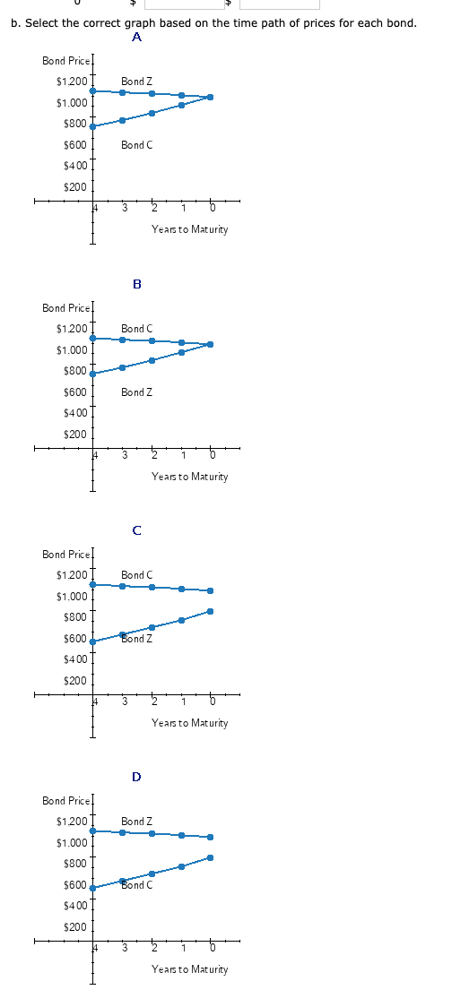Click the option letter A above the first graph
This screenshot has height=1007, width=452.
click(x=136, y=38)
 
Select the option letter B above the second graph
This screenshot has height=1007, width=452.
click(x=136, y=284)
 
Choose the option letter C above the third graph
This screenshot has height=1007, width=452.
click(x=136, y=530)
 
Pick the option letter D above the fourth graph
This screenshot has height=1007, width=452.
click(x=136, y=777)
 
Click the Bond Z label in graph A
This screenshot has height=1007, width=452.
click(x=136, y=82)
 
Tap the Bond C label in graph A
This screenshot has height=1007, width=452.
click(x=136, y=145)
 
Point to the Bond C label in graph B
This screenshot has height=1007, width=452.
click(x=136, y=329)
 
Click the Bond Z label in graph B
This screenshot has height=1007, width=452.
click(x=136, y=392)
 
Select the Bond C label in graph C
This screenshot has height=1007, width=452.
click(x=136, y=575)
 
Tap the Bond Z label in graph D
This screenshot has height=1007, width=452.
click(x=136, y=822)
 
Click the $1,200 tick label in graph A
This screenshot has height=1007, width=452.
click(x=71, y=82)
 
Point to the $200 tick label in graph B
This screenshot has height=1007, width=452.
click(x=74, y=435)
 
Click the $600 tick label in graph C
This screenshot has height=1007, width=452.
click(x=74, y=639)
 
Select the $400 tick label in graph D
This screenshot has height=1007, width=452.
click(x=74, y=906)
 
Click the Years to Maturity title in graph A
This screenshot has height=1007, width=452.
click(x=189, y=229)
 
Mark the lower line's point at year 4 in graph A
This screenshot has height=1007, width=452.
click(x=92, y=126)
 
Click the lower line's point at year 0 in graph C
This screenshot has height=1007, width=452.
click(x=211, y=611)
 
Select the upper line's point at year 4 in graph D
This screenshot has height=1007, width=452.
click(x=92, y=831)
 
